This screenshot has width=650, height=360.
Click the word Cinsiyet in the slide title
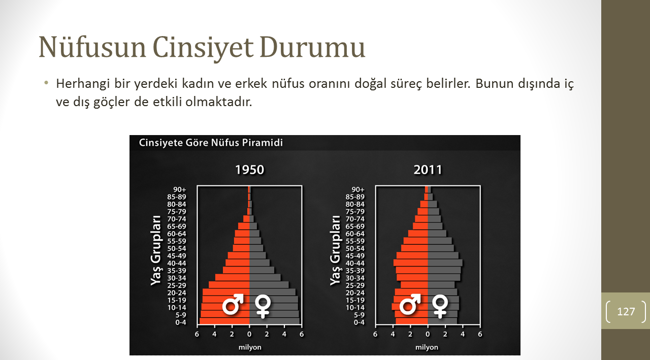(203, 48)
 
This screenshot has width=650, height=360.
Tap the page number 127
(626, 312)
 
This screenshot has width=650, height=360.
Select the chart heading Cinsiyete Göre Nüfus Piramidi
(211, 143)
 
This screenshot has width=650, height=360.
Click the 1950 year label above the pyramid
(249, 170)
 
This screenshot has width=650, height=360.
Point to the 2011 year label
(428, 170)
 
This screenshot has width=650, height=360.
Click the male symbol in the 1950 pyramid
(233, 304)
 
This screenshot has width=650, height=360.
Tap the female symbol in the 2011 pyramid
(440, 307)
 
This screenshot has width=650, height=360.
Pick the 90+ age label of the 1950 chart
(180, 189)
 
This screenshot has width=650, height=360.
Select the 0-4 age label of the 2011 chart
(359, 322)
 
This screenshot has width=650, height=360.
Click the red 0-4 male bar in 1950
(224, 321)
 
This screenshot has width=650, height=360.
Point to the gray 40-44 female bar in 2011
(445, 263)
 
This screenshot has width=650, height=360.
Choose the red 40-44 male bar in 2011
(411, 263)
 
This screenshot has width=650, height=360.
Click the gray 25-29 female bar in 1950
(269, 285)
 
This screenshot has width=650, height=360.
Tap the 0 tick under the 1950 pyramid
(249, 334)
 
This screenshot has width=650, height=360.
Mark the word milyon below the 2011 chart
(427, 347)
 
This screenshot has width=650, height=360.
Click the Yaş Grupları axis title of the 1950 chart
(156, 250)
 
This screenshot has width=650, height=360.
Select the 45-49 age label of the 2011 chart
(355, 256)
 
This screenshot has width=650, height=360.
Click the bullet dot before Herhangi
(46, 83)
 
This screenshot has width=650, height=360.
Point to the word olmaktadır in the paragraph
(219, 102)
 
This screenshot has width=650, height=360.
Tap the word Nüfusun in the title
(92, 48)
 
